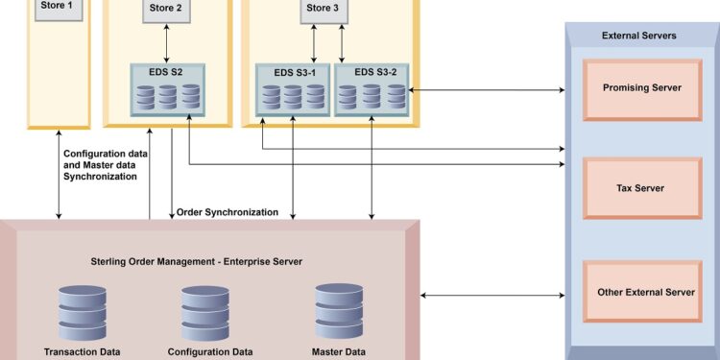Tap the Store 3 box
tap(321, 10)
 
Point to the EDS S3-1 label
tap(293, 72)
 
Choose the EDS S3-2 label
tap(370, 72)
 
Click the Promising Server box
tap(641, 88)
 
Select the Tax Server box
tap(641, 188)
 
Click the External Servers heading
tap(639, 36)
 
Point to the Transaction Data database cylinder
tap(82, 313)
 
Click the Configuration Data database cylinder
tap(204, 313)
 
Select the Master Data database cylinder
tap(339, 311)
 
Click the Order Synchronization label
tap(228, 212)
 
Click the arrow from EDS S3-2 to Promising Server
tap(486, 90)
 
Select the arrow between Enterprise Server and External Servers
tap(492, 294)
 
